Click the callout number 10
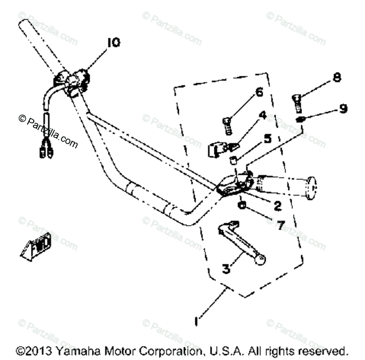tap(113, 43)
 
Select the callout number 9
tap(343, 109)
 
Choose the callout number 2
tap(278, 206)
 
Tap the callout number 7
tap(280, 225)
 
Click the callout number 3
tap(226, 270)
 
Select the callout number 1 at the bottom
tap(197, 321)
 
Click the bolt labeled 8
tap(296, 102)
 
